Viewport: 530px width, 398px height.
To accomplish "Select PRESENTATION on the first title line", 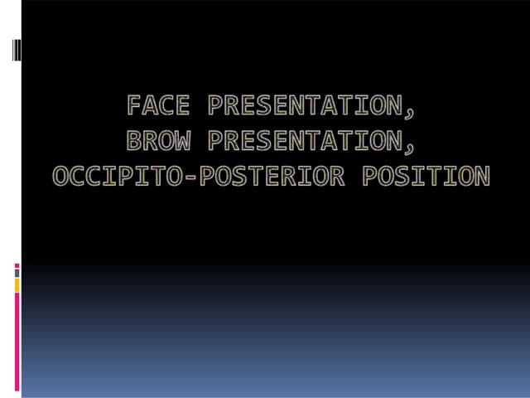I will click(x=303, y=106).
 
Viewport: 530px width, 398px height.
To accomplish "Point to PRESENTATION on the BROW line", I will click(x=303, y=141).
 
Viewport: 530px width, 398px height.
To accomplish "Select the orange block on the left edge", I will click(x=17, y=285).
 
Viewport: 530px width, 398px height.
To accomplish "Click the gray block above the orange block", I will click(x=17, y=272).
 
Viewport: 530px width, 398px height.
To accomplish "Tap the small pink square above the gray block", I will click(x=17, y=265).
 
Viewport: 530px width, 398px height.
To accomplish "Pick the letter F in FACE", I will click(x=135, y=106).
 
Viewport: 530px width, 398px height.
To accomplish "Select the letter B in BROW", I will click(x=135, y=141).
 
